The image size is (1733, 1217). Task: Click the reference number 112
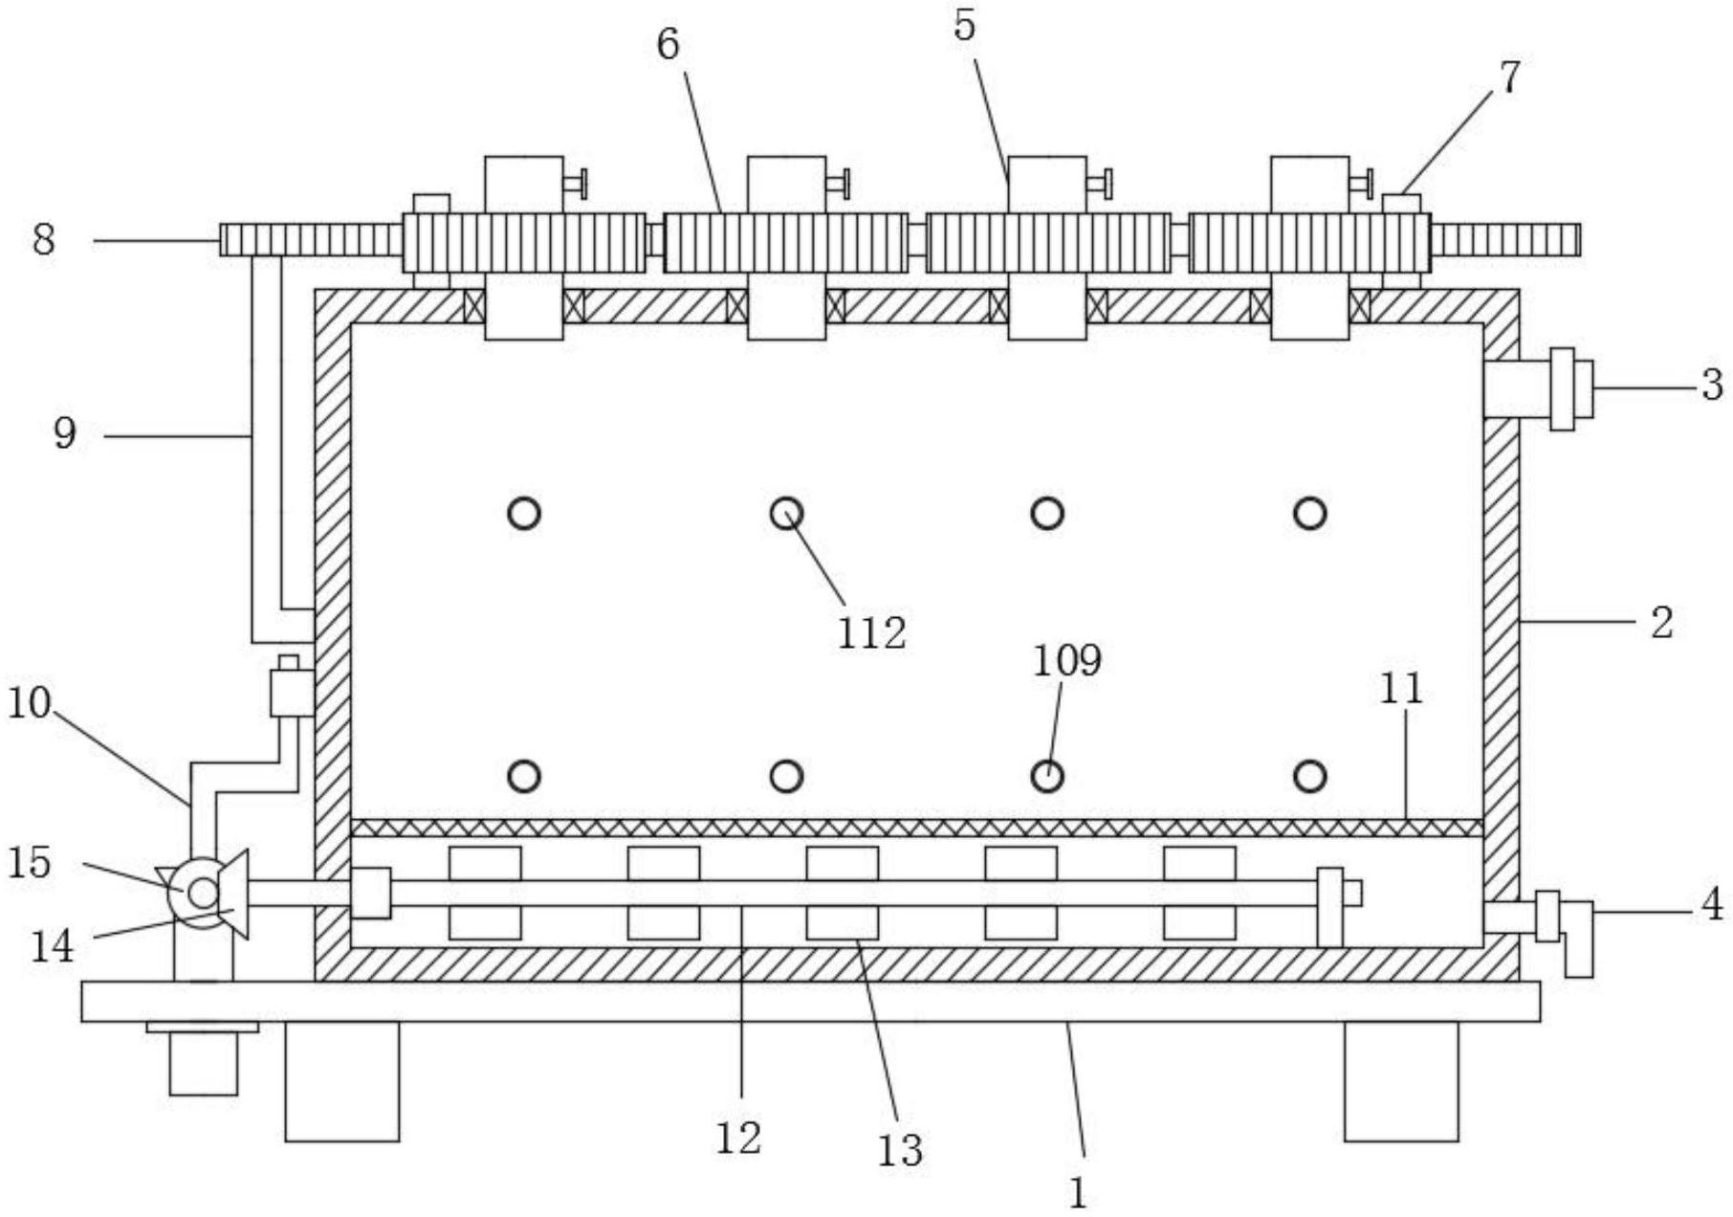click(x=871, y=632)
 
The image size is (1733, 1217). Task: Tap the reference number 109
click(x=1066, y=660)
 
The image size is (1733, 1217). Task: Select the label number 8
click(x=44, y=239)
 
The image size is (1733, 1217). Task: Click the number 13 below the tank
click(x=900, y=1150)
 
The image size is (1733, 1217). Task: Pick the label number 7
click(x=1508, y=77)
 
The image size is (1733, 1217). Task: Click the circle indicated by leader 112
click(x=786, y=514)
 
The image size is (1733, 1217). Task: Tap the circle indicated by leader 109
click(x=1047, y=774)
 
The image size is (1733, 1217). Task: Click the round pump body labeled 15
click(x=203, y=894)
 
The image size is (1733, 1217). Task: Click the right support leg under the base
click(x=1401, y=1081)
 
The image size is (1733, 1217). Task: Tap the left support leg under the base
click(x=341, y=1081)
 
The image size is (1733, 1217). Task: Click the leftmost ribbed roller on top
click(x=524, y=242)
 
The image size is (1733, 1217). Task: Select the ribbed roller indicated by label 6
click(x=785, y=242)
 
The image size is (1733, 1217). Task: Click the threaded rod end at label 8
click(x=310, y=239)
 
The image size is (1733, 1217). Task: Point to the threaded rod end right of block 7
click(x=1505, y=239)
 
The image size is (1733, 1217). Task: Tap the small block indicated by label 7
click(x=1401, y=203)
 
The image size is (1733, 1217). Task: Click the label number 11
click(x=1401, y=689)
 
